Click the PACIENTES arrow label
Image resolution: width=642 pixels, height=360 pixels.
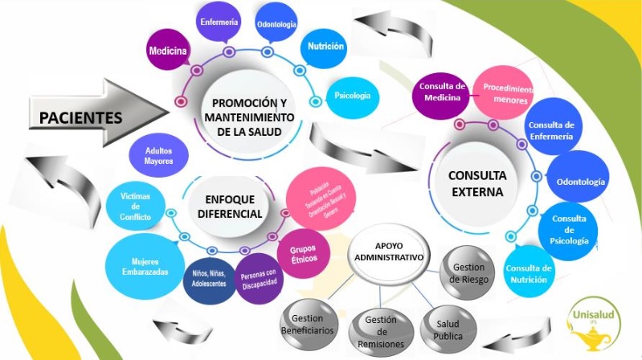[x=80, y=118]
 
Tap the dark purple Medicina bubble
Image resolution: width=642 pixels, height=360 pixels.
[x=168, y=51]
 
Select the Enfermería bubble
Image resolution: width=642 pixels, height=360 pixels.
[x=219, y=23]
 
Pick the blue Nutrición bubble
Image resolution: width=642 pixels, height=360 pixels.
[x=325, y=47]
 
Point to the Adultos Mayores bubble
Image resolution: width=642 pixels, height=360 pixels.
[x=159, y=156]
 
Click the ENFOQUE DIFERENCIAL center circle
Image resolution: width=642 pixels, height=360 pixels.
[x=229, y=207]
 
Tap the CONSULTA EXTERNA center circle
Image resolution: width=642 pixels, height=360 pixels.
[x=476, y=183]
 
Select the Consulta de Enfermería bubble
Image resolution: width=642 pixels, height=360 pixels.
[x=550, y=130]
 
